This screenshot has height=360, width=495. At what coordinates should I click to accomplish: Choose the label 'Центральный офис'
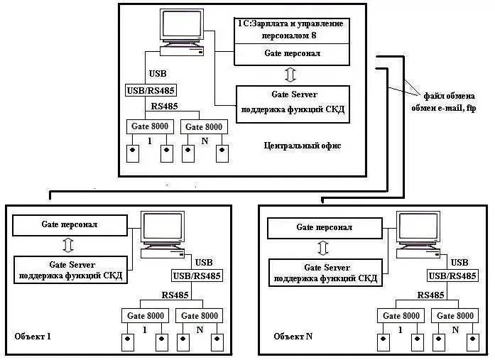click(x=302, y=146)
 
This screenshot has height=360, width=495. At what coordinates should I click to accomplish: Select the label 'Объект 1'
click(x=33, y=335)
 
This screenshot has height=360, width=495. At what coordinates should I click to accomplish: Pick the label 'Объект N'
click(x=293, y=335)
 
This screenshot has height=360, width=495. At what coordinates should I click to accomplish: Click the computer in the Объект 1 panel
click(x=163, y=234)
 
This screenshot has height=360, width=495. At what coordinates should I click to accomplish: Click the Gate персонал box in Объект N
click(x=324, y=228)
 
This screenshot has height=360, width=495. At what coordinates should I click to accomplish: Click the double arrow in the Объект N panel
click(x=323, y=249)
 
